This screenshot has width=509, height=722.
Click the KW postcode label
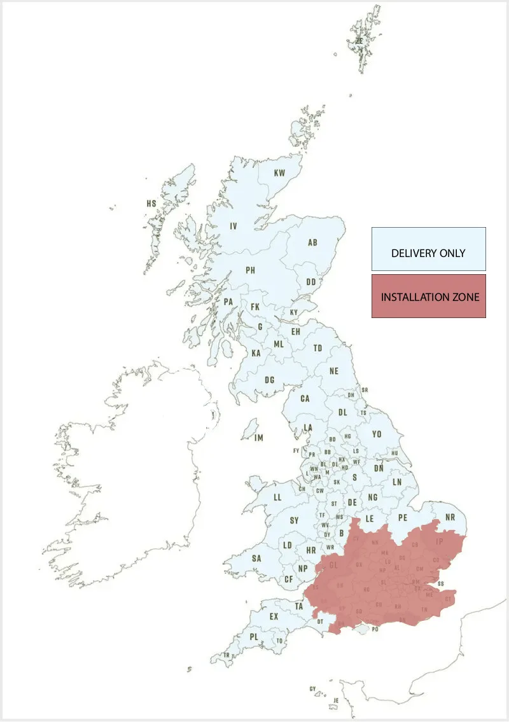coord(279,173)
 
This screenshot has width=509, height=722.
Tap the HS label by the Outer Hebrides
coord(151,204)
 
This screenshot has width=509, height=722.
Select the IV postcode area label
coord(234,226)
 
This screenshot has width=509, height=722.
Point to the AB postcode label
coord(312,243)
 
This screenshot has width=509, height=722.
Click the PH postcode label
coord(251,270)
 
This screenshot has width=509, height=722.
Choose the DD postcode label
coord(311,282)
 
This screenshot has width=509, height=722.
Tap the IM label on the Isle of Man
coord(258,438)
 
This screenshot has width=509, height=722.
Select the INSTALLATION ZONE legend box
coord(428,296)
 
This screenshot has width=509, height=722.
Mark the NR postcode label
coord(450,517)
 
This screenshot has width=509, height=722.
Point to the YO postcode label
coord(377,434)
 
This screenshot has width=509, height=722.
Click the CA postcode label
coord(305,399)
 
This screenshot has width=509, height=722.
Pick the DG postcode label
coord(270,380)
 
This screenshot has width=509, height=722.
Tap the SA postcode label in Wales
coord(256,559)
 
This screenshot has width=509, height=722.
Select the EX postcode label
coord(274,616)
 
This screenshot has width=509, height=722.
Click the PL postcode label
coord(254,637)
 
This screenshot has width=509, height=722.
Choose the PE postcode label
coord(402,518)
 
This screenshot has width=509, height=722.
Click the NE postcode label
coord(334,371)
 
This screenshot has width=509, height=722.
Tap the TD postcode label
coord(317,348)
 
